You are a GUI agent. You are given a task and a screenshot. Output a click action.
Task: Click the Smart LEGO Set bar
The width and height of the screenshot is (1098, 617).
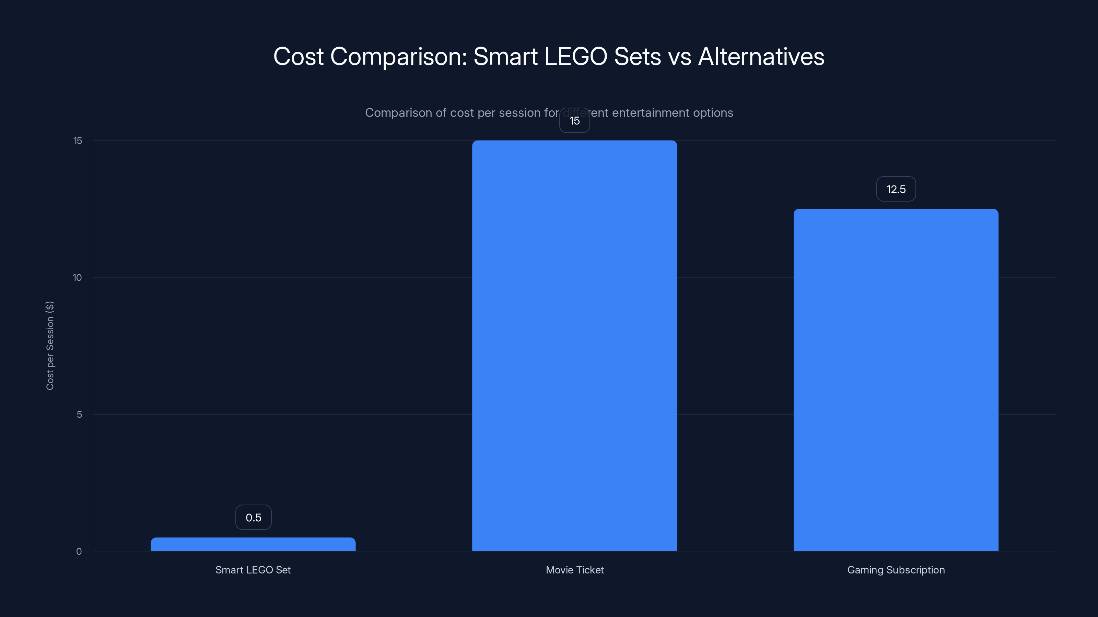253,544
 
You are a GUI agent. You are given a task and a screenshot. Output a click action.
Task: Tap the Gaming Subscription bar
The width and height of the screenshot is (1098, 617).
896,380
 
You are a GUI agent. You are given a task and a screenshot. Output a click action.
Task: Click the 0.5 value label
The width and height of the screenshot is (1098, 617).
253,517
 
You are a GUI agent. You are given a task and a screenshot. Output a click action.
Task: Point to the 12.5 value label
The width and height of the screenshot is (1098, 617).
896,189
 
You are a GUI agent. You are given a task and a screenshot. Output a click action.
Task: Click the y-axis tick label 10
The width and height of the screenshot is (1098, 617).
77,278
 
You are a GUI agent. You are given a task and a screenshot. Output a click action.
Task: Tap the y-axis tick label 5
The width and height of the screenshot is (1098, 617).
79,414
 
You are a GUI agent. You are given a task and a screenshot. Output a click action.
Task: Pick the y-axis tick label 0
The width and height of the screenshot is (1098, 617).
79,552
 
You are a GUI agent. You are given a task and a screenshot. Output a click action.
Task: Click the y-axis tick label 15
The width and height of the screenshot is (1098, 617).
78,141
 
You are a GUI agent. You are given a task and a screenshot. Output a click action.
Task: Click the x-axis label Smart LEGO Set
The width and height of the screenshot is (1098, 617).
253,570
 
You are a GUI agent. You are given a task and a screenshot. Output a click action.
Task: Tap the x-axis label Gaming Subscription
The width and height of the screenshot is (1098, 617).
896,570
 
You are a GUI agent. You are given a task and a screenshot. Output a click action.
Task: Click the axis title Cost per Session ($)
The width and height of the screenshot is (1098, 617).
50,345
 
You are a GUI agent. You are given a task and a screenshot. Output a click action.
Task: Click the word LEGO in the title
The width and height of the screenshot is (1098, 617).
575,56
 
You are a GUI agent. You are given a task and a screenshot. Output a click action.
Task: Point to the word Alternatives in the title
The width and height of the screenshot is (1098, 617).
761,56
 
